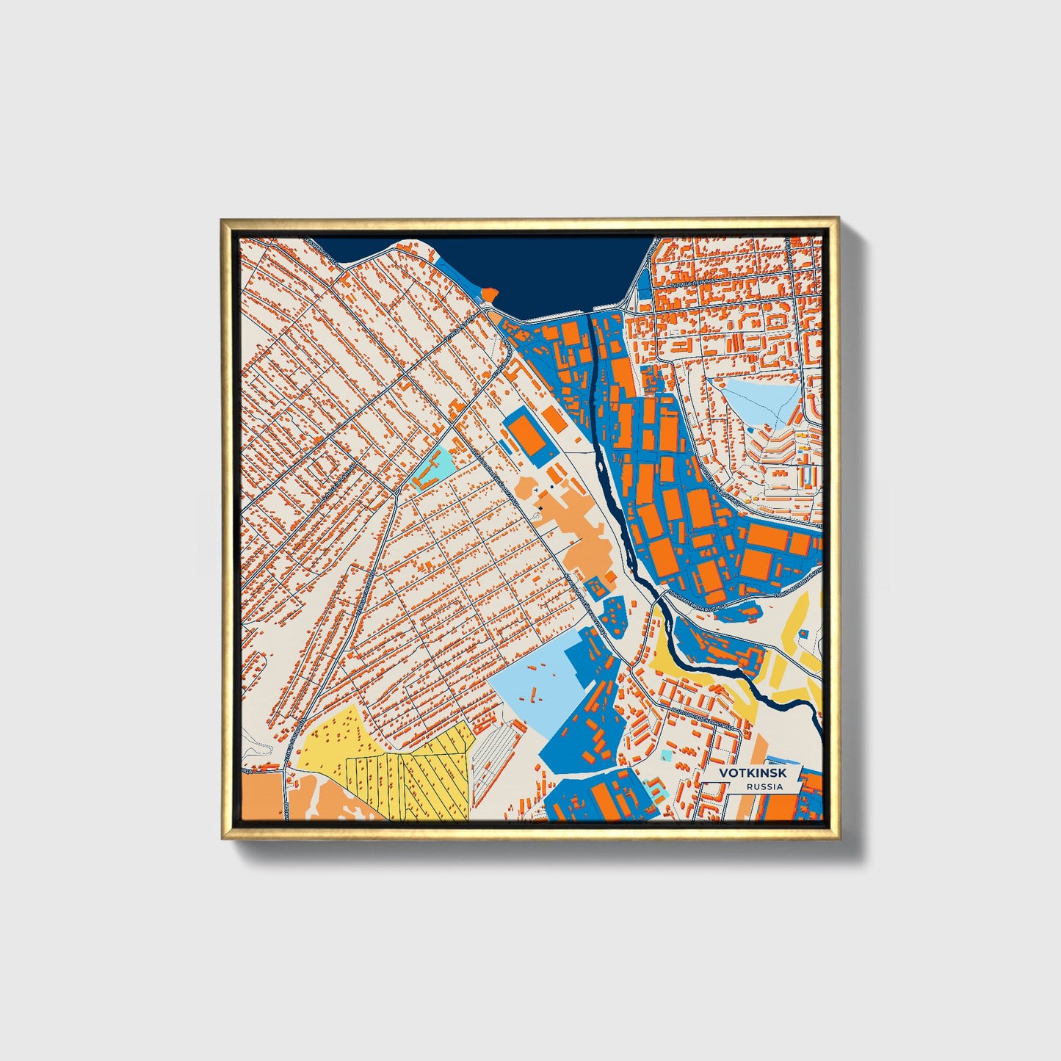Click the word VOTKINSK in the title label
752,773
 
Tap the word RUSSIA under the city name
764,786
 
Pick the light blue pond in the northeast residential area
760,401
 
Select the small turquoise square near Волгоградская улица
666,755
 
